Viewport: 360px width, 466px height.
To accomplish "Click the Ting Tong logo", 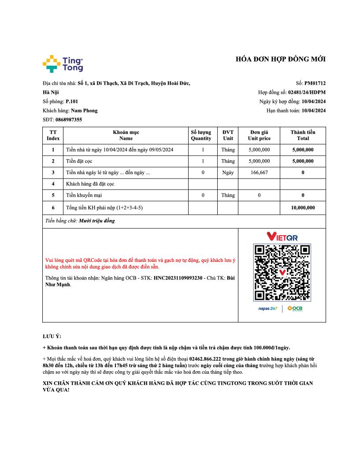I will coord(63,64).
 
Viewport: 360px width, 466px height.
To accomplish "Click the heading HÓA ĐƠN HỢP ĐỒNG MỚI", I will coord(281,60).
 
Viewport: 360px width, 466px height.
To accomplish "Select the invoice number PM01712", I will coord(315,83).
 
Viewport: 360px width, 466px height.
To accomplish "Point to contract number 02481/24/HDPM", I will coord(307,92).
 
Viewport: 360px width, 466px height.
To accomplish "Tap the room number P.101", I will coord(72,101).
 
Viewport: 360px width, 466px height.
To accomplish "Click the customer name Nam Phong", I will coord(84,111).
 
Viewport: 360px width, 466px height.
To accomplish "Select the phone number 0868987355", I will coord(69,119).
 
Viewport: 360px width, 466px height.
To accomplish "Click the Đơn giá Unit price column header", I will coord(259,135).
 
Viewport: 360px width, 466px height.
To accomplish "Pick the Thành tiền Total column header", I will coord(303,135).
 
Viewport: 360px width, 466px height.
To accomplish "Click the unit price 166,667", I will coord(259,172).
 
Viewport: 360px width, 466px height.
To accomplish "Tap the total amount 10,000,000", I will coord(303,207).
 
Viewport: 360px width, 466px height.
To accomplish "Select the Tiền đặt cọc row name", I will coord(79,161).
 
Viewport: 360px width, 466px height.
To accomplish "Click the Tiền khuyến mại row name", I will coord(84,195).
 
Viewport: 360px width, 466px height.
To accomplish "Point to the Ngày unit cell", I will coord(228,172).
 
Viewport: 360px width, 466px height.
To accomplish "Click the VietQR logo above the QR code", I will coord(282,237).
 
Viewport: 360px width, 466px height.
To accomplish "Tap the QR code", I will coord(282,272).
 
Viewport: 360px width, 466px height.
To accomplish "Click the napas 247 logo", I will coord(268,309).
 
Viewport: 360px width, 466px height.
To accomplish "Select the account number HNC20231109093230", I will coord(178,278).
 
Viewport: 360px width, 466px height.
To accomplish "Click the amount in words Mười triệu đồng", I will coord(96,221).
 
